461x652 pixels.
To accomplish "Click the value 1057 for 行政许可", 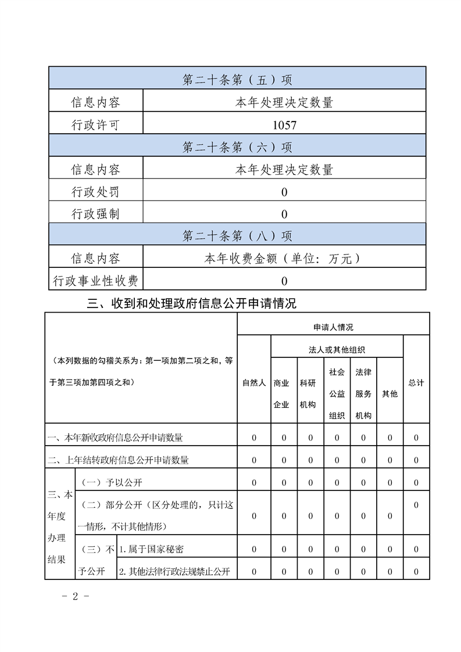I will click(x=284, y=125).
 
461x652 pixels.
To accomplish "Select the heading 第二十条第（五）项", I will click(x=237, y=80).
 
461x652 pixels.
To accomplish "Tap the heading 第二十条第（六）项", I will click(x=237, y=147).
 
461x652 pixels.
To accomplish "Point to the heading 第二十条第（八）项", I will click(x=237, y=236).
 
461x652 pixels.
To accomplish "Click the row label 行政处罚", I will click(x=95, y=192).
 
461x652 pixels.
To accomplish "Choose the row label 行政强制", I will click(x=95, y=214).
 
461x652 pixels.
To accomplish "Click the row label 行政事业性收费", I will click(x=95, y=281).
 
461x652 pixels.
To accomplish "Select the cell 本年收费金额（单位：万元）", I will click(x=284, y=259).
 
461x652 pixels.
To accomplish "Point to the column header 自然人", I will click(x=254, y=383).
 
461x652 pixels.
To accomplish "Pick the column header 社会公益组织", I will click(x=337, y=393).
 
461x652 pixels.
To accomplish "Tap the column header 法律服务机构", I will click(x=363, y=393).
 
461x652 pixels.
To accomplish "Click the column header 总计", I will click(x=416, y=383).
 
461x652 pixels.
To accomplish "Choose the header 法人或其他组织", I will click(x=337, y=350).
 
